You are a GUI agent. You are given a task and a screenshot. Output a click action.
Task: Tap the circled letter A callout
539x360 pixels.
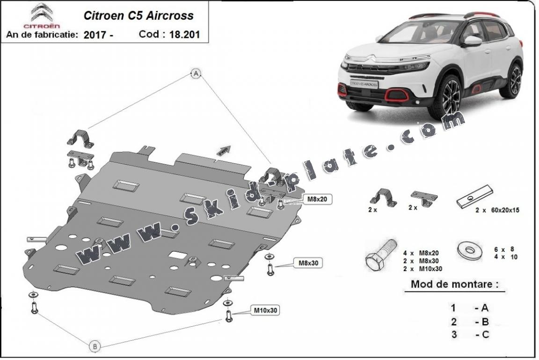(197, 73)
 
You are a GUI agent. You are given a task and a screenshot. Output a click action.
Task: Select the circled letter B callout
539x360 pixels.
(95, 346)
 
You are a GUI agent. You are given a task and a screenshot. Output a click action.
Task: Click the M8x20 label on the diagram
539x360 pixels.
(317, 199)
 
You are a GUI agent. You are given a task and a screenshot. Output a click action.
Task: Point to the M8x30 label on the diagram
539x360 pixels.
(309, 263)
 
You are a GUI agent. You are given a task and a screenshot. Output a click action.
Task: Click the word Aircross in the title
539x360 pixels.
(171, 15)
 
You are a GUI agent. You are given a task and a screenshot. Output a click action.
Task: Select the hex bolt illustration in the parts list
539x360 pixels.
(380, 257)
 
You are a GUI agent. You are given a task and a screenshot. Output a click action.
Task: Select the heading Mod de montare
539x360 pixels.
(454, 284)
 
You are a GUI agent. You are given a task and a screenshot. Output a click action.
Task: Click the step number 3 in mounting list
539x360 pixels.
(453, 334)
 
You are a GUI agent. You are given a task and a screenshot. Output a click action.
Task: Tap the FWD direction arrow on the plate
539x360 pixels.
(224, 150)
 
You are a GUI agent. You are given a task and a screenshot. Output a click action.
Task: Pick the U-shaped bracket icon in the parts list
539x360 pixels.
(383, 197)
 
